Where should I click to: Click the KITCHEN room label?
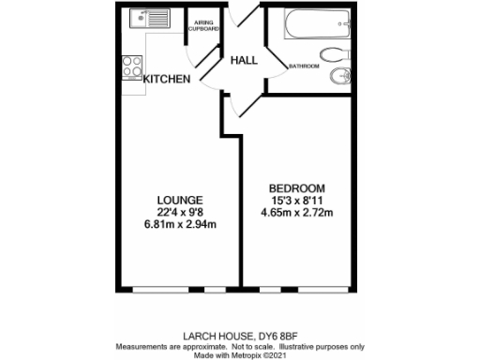pyautogui.click(x=167, y=80)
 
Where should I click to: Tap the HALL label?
pyautogui.click(x=244, y=60)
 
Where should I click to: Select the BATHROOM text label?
pyautogui.click(x=304, y=67)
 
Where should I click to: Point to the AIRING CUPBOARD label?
pyautogui.click(x=200, y=25)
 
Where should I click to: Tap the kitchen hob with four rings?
pyautogui.click(x=131, y=67)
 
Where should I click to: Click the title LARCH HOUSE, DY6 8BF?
pyautogui.click(x=241, y=333)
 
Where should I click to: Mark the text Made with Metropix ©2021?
pyautogui.click(x=241, y=353)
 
